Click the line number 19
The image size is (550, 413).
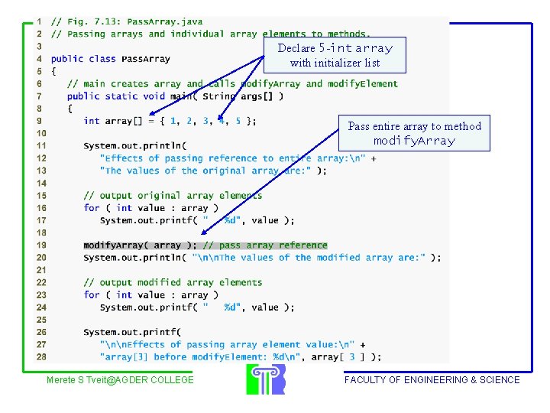(40, 246)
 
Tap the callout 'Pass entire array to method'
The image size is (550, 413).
(414, 133)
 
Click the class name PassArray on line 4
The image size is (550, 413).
(146, 59)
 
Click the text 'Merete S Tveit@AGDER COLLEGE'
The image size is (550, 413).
(120, 380)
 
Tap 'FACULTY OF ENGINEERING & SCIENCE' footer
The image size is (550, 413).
(432, 380)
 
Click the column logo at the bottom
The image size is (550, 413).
(265, 379)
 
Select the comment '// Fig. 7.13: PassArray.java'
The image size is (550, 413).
(127, 21)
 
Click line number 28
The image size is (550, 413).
(40, 357)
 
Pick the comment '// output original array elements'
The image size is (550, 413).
(173, 196)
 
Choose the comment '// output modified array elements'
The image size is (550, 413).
(173, 282)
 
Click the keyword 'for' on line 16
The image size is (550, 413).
(92, 208)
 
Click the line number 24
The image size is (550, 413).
(40, 307)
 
